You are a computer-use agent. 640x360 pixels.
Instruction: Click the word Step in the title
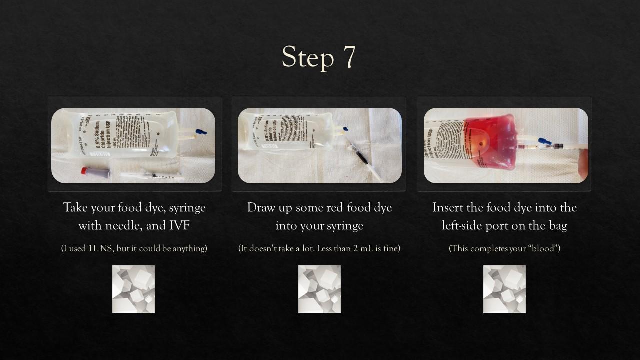(307, 58)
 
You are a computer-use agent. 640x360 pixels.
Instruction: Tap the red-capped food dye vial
(96, 173)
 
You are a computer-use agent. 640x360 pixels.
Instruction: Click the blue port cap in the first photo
(201, 132)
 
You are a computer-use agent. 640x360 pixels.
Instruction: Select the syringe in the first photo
(152, 176)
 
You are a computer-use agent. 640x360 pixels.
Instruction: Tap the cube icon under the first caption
(133, 289)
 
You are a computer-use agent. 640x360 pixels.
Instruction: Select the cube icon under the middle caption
(319, 289)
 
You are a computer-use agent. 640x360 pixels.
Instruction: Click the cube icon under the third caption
(504, 289)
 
